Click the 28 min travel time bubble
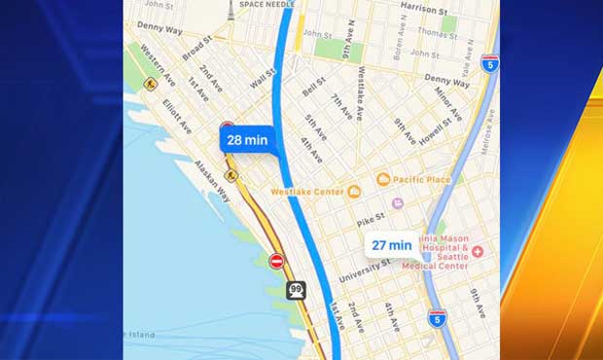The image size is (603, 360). point(247,139)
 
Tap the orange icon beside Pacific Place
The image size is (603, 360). point(383,179)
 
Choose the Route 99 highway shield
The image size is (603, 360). point(295,290)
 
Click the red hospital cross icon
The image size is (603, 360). point(478,251)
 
